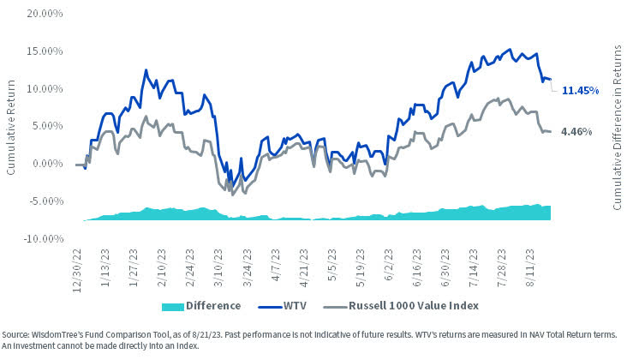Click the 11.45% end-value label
pos(580,90)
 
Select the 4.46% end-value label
pos(576,132)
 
